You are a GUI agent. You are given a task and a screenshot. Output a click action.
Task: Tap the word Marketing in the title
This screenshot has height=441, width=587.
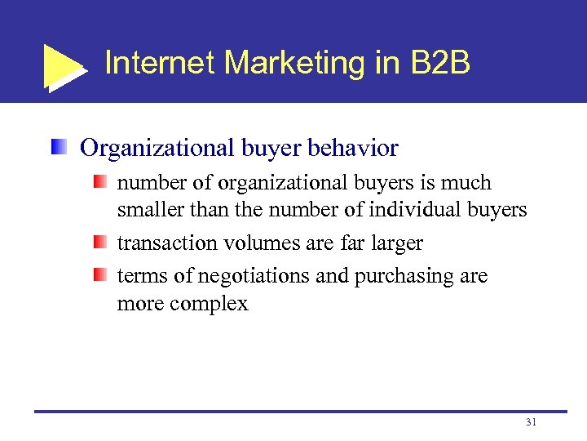(x=277, y=63)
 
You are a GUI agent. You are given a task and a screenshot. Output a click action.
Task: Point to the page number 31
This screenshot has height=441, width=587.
(x=531, y=422)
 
